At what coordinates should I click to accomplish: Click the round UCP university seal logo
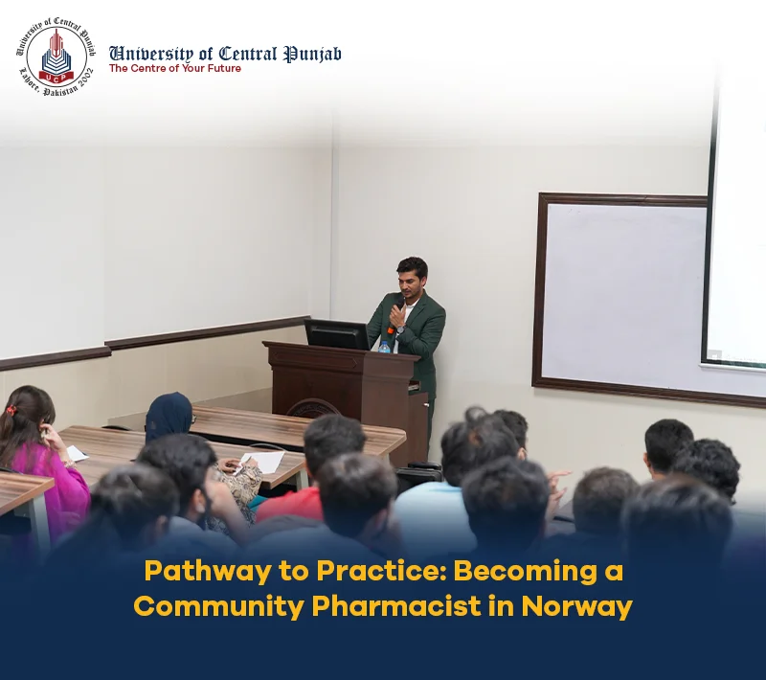click(56, 57)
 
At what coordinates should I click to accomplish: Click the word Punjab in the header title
click(313, 54)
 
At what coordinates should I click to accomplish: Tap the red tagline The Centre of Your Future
click(175, 68)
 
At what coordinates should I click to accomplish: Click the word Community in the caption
click(219, 607)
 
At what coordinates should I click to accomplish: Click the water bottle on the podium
click(385, 347)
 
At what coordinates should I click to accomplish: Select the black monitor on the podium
click(337, 334)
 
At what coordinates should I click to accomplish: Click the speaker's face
click(409, 283)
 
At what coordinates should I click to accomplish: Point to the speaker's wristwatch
click(401, 329)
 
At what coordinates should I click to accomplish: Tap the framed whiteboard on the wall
click(620, 293)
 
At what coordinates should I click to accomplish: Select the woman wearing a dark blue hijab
click(169, 417)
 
